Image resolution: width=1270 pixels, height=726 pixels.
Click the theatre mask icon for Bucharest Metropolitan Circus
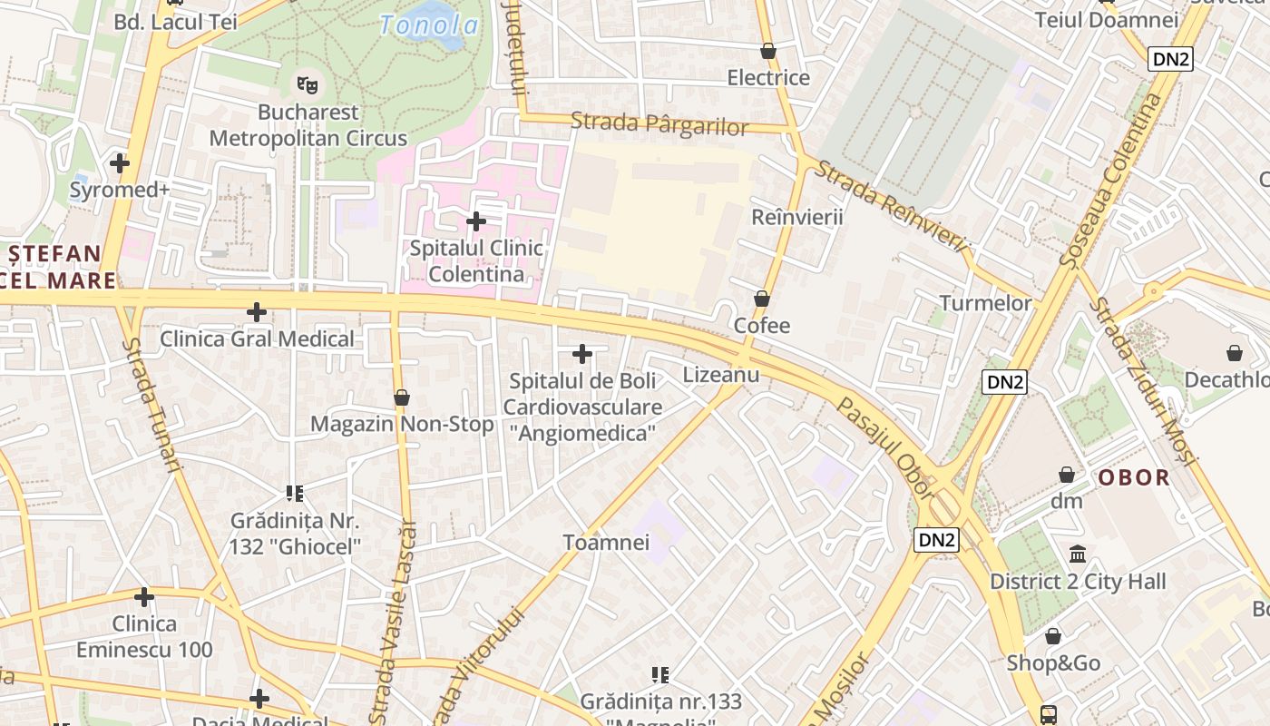click(x=308, y=85)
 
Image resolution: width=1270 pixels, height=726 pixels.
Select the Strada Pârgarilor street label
click(x=659, y=123)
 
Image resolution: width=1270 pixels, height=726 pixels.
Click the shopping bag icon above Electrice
click(x=768, y=52)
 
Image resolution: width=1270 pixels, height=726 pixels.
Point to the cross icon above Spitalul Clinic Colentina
click(x=475, y=221)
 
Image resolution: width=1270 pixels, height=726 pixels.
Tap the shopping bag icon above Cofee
click(x=762, y=299)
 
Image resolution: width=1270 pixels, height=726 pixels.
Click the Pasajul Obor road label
click(x=884, y=447)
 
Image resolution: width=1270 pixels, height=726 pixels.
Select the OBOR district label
click(x=1134, y=477)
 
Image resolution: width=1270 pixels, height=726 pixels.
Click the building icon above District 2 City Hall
click(x=1078, y=554)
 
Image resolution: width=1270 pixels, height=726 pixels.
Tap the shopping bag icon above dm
click(x=1067, y=475)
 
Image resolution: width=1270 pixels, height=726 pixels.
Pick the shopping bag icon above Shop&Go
click(x=1053, y=637)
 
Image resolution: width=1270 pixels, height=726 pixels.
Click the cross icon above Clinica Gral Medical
click(x=257, y=312)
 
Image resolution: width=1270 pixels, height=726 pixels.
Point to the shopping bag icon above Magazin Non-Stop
click(x=402, y=397)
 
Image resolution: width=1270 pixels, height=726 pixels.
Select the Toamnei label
click(x=606, y=543)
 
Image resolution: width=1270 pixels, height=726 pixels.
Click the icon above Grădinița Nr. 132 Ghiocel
click(x=294, y=494)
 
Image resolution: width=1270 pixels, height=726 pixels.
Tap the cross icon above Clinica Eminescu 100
click(x=143, y=597)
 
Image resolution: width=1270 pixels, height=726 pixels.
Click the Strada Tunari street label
click(x=151, y=405)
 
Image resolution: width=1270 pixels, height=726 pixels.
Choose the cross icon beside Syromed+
click(x=119, y=163)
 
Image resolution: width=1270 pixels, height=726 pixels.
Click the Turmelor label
click(x=985, y=303)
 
